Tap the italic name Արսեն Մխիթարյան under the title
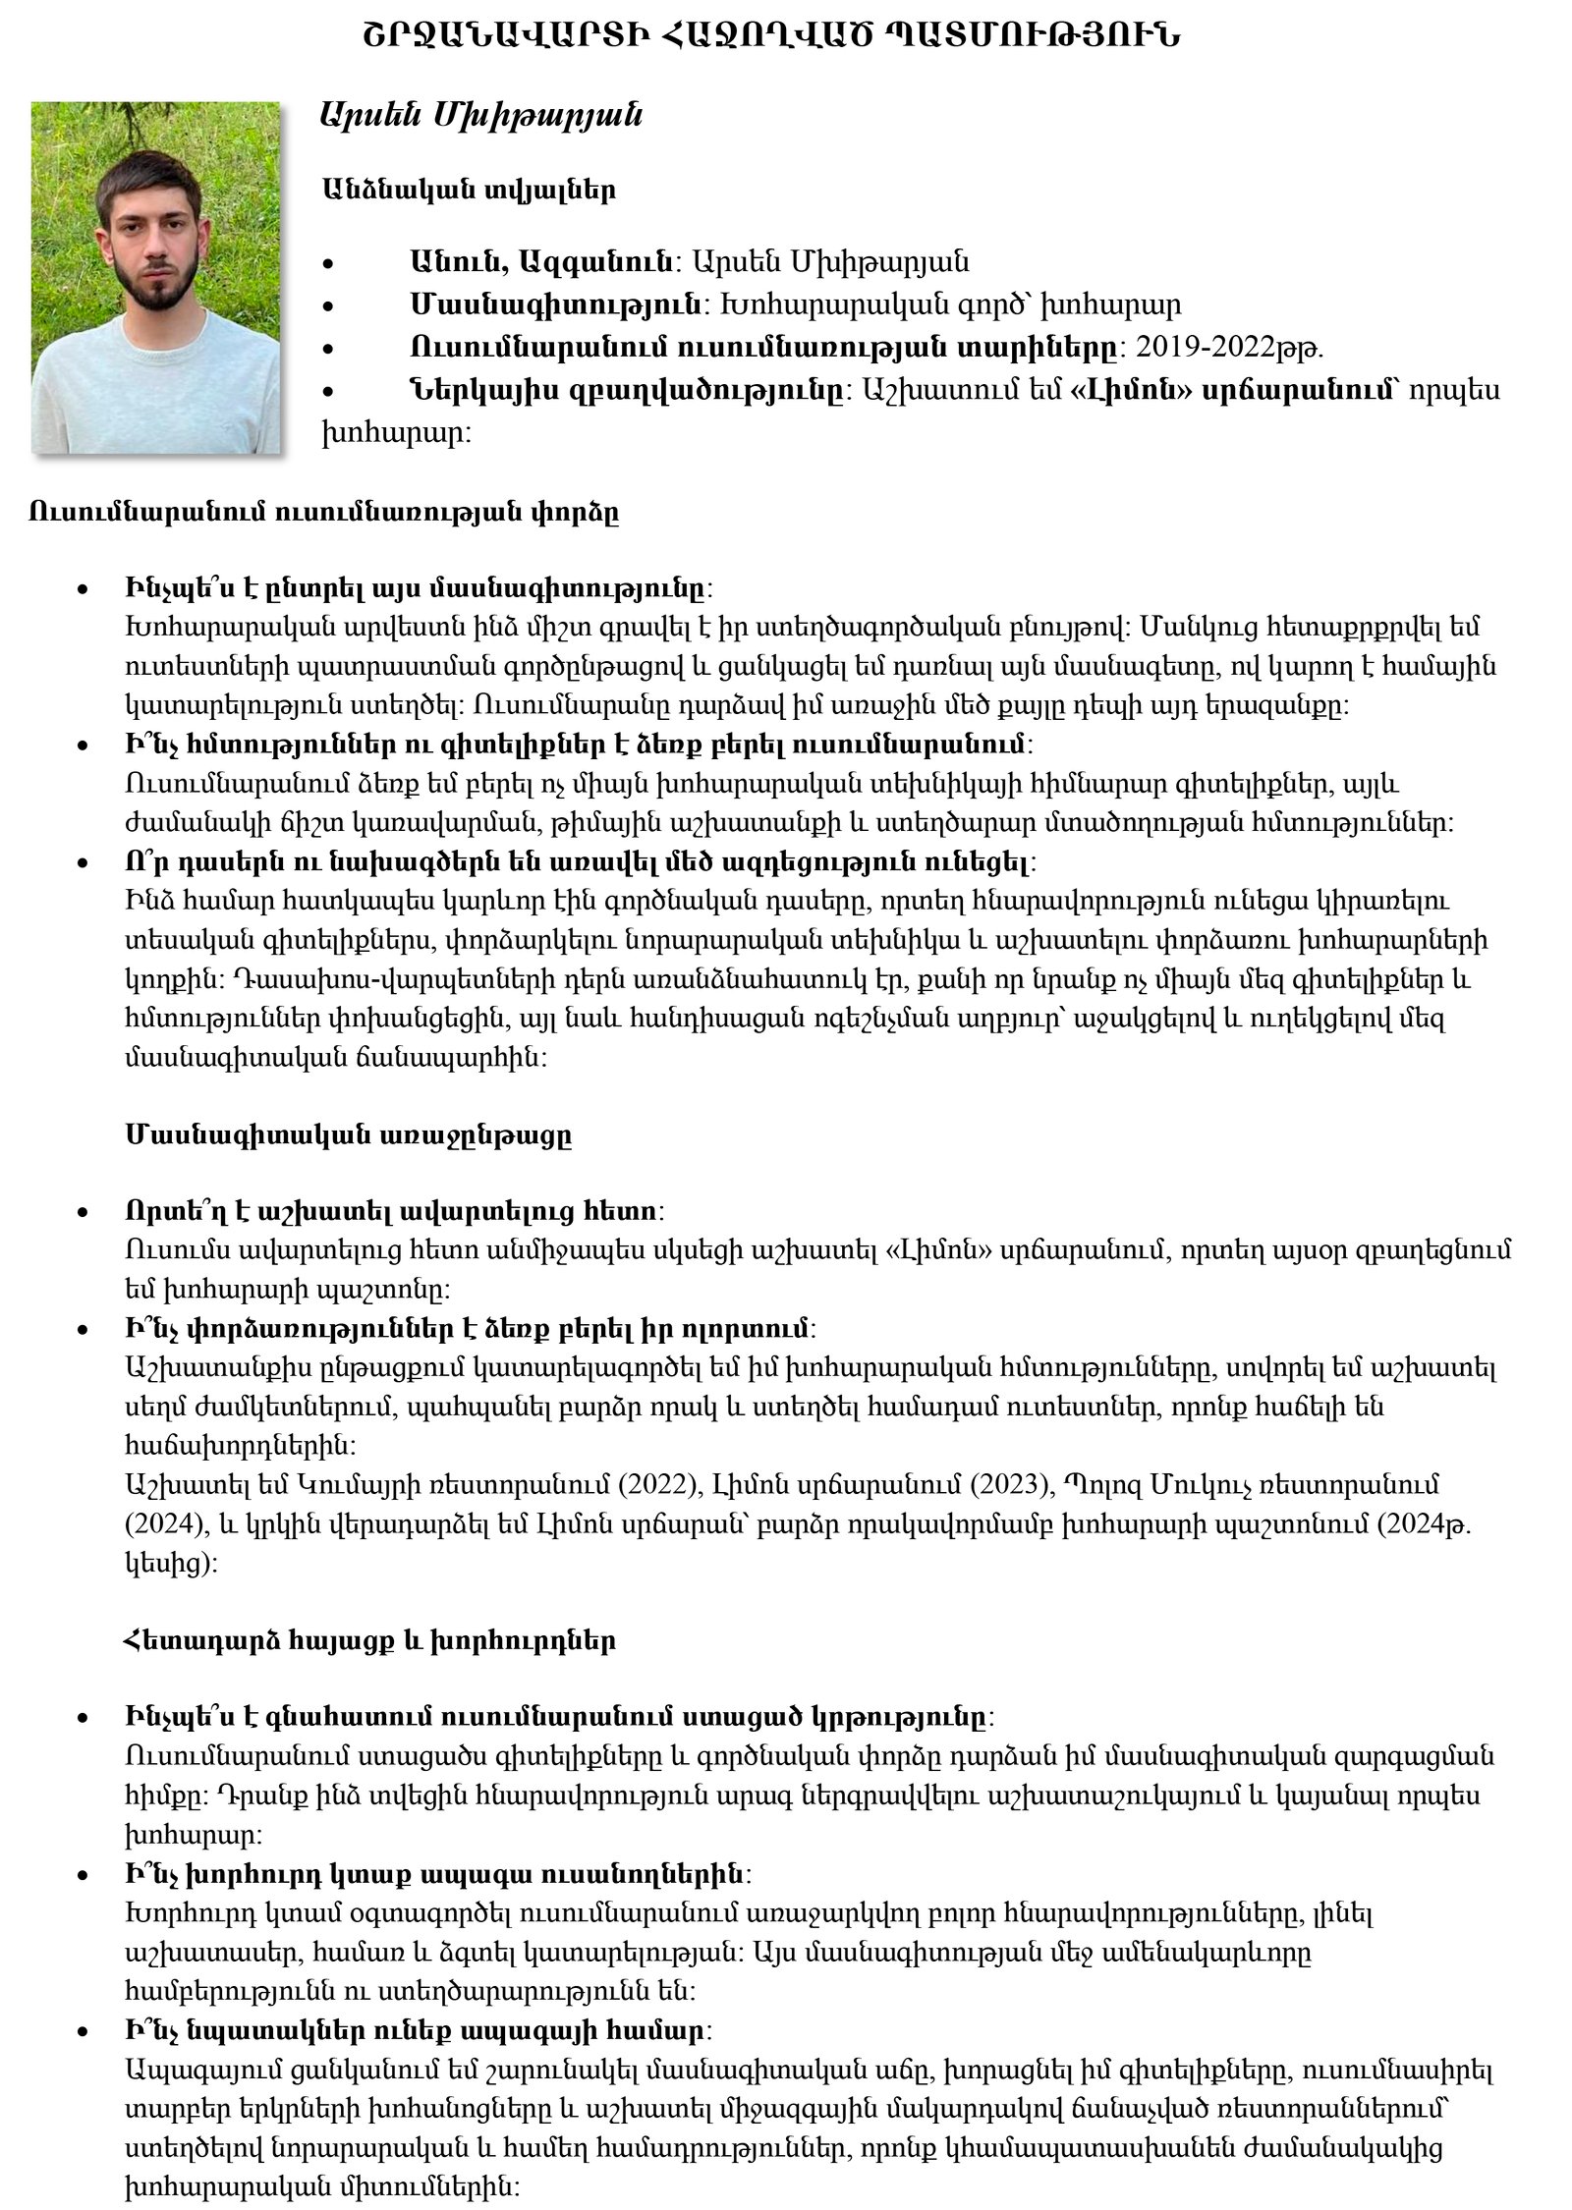(481, 115)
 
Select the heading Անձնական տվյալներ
(468, 190)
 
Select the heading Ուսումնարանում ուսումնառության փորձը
(323, 513)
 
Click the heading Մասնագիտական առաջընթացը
(349, 1135)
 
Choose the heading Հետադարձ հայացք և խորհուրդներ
(369, 1640)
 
